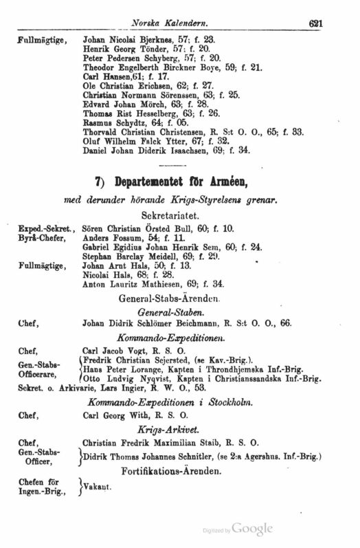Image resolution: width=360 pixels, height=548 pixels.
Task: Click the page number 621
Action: (x=316, y=23)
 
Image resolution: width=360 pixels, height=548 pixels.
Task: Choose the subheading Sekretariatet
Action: (x=182, y=215)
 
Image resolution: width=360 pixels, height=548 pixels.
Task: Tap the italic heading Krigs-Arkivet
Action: (x=182, y=429)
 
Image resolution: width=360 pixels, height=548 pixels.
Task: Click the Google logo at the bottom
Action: (x=252, y=529)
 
